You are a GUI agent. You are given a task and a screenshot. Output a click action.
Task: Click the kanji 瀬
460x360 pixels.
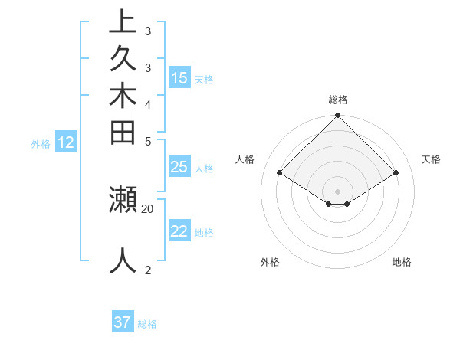[123, 199]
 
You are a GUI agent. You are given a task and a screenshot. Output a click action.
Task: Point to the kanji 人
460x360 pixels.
[123, 260]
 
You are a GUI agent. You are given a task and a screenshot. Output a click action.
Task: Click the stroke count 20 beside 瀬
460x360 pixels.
[148, 208]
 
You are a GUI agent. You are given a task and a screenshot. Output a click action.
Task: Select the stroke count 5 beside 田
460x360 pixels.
[148, 142]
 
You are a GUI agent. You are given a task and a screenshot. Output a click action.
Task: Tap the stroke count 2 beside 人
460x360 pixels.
[148, 270]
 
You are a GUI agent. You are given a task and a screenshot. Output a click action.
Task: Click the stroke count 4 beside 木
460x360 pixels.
[148, 104]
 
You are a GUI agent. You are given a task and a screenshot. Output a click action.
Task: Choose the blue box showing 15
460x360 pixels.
[179, 78]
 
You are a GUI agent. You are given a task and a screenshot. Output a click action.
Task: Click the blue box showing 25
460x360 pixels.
[179, 167]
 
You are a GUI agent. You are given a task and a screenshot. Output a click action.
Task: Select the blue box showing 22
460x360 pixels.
[179, 231]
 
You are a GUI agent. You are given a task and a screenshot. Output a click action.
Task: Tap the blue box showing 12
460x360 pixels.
[66, 142]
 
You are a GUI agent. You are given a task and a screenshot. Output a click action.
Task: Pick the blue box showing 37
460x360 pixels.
[123, 322]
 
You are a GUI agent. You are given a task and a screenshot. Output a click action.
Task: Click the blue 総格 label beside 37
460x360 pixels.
[148, 324]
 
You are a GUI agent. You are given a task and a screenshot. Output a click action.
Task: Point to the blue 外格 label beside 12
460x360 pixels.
[41, 143]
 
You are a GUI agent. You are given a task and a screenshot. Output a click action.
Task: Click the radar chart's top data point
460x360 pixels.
[338, 116]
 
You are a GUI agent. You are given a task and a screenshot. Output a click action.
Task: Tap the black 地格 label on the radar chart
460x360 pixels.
[402, 262]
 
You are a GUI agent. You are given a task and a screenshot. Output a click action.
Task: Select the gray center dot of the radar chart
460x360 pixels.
[338, 191]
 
